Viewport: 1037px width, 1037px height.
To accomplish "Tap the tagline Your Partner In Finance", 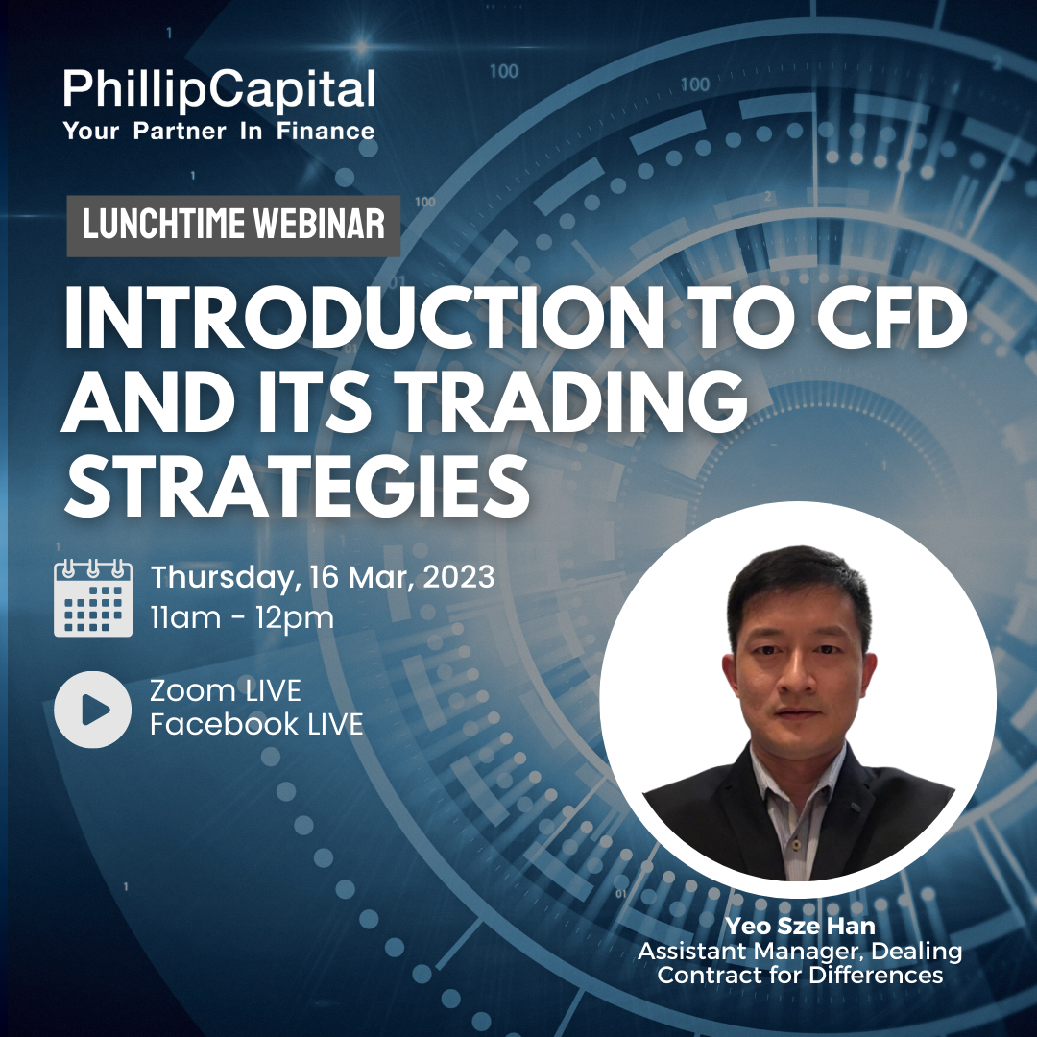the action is [219, 131].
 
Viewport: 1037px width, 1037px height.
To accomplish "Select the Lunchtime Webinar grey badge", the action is [233, 226].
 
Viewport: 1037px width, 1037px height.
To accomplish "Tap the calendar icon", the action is [92, 598].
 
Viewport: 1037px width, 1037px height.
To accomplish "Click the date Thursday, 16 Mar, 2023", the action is [322, 577].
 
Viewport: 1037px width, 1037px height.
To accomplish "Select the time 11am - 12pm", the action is [242, 617].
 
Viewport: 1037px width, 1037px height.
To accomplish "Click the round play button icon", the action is [92, 710].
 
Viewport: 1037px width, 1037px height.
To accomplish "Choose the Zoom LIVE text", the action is [226, 691].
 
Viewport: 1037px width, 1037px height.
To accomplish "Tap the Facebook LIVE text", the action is [256, 724].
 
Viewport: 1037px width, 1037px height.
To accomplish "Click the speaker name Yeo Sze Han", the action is [800, 926].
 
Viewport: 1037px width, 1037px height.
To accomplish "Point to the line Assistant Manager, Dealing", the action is [800, 951].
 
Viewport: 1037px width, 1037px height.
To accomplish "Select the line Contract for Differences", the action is [800, 975].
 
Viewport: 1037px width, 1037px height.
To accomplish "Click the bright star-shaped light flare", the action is [361, 46].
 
